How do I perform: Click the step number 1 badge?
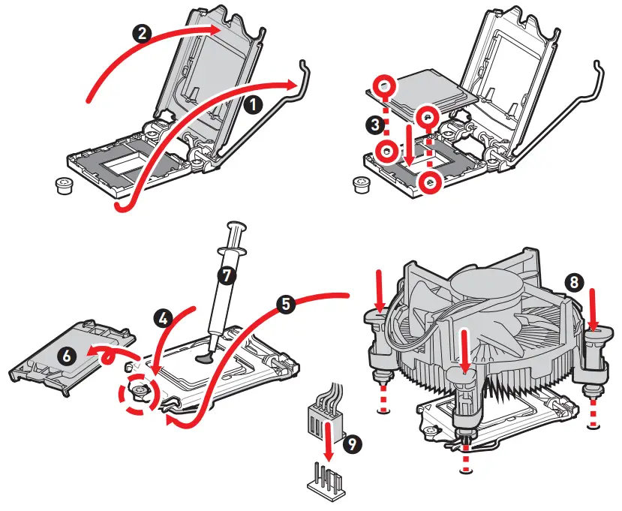point(254,105)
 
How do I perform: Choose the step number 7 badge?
point(226,275)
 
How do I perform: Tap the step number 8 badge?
point(573,282)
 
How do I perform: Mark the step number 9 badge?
point(350,443)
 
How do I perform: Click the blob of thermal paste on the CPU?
point(204,358)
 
